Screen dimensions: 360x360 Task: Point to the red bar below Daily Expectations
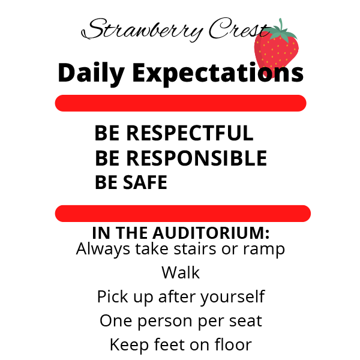[181, 103]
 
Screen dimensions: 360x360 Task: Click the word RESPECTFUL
[190, 133]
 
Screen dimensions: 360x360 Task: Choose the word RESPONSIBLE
[197, 158]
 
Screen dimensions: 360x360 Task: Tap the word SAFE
[145, 182]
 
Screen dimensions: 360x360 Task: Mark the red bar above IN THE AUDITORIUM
[183, 214]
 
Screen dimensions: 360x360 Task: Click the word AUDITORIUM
[211, 233]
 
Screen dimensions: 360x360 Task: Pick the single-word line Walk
[181, 272]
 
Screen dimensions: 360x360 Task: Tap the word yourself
[232, 298]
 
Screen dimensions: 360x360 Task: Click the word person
[164, 322]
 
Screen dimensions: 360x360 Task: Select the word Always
[103, 250]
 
